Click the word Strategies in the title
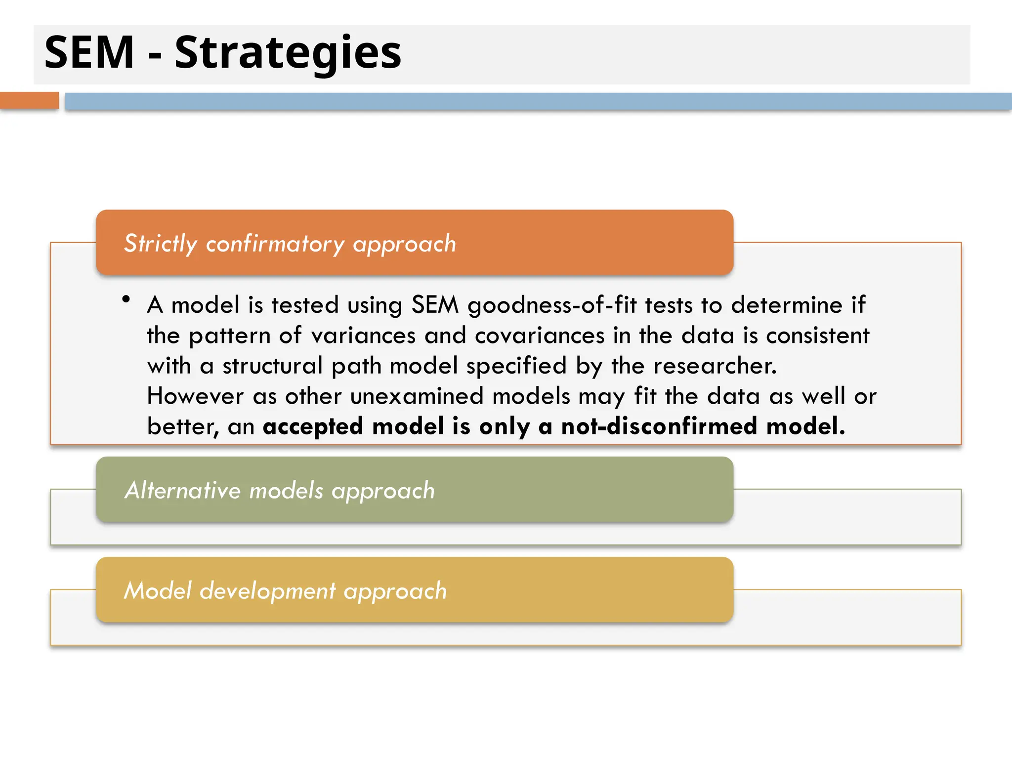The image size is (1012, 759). (x=288, y=53)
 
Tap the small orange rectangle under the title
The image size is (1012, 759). (x=29, y=100)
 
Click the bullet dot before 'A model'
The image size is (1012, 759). (x=126, y=299)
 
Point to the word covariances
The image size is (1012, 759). (x=540, y=336)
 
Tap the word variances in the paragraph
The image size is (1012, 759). (x=363, y=336)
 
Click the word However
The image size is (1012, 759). (x=196, y=396)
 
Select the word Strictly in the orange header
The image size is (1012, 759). (x=161, y=244)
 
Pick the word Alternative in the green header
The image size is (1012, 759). (x=183, y=490)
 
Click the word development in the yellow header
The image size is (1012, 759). (x=267, y=591)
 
